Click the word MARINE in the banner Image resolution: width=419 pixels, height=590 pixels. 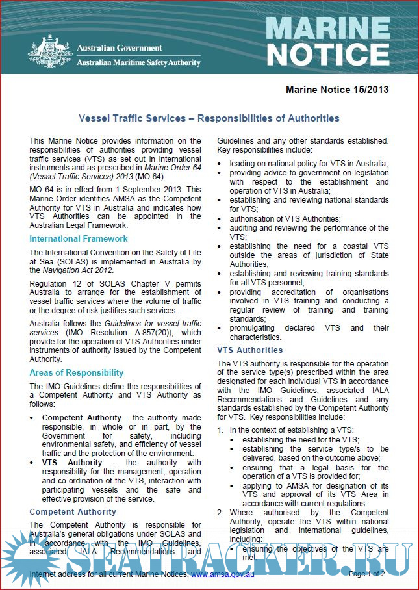pos(328,28)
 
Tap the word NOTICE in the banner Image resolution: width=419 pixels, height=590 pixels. pos(328,55)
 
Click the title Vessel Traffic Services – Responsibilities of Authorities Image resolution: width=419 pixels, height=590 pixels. pos(209,118)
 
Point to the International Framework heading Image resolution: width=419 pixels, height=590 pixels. pos(79,238)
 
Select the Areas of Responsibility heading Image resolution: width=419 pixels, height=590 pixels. pos(76,372)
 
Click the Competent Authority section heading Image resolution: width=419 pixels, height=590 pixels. pos(73,511)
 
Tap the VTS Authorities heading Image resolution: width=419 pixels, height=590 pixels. pos(250,350)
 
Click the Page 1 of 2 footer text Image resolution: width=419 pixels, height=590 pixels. pos(366,574)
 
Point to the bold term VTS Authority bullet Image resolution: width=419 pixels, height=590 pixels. pos(72,462)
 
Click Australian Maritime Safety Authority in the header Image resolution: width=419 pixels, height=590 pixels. pos(138,62)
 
